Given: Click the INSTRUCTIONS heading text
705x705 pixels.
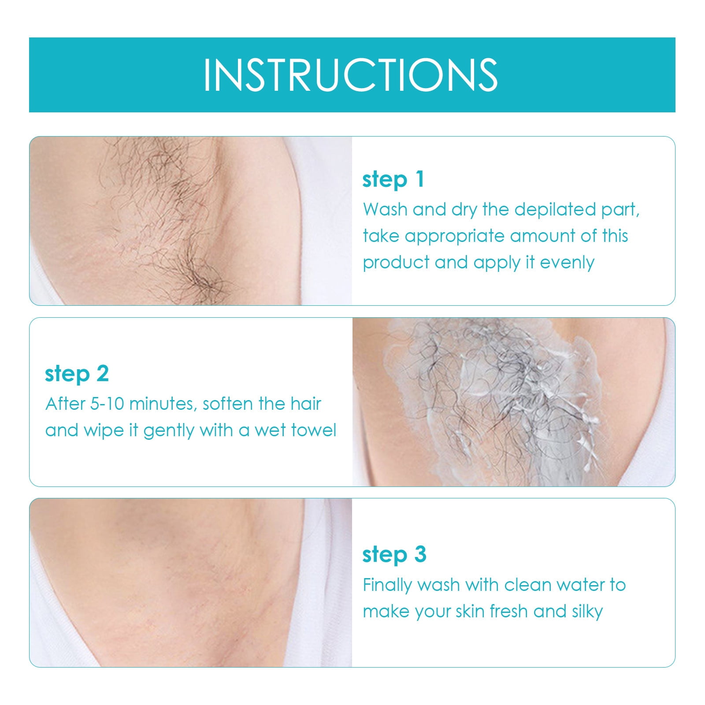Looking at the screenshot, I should pyautogui.click(x=351, y=75).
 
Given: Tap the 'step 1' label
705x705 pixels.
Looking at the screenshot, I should pyautogui.click(x=393, y=180).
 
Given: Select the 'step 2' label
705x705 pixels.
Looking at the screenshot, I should pyautogui.click(x=77, y=374).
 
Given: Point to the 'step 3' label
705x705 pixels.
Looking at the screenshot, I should pyautogui.click(x=394, y=555).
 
